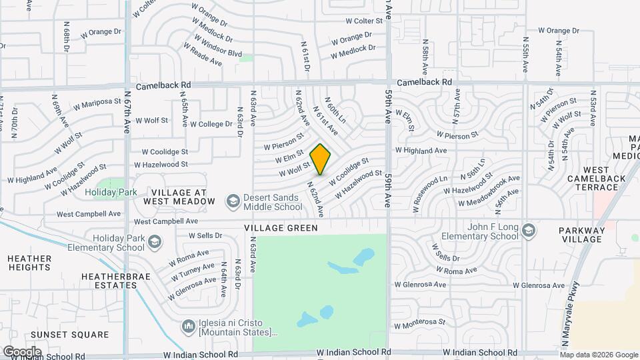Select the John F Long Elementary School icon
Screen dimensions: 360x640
pos(529,230)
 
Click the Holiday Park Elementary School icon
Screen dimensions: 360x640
pos(155,241)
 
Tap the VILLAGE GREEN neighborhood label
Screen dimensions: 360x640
pos(281,228)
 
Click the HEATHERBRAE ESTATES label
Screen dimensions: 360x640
pos(109,280)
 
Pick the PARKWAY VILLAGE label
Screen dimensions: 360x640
pos(581,235)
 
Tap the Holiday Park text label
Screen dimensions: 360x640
pos(111,193)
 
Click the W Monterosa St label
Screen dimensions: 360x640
pos(419,323)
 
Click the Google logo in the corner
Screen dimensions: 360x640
pos(22,351)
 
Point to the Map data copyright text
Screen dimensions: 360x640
pos(599,355)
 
